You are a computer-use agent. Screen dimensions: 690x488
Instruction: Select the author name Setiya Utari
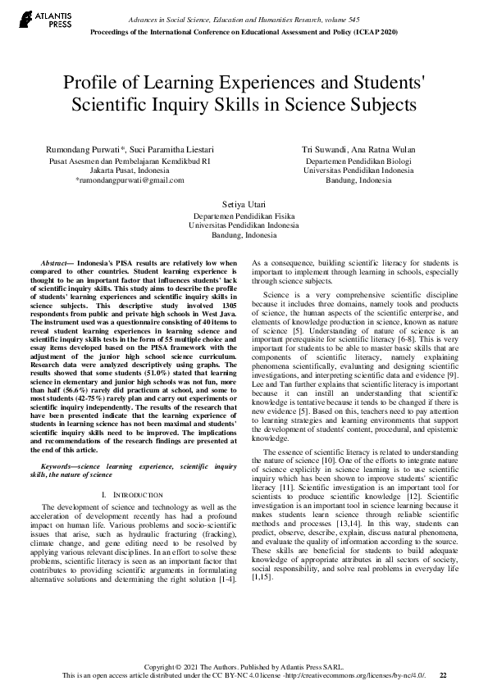click(x=244, y=202)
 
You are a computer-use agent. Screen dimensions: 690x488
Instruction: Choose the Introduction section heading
click(x=133, y=495)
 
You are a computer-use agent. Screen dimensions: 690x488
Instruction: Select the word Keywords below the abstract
click(x=59, y=466)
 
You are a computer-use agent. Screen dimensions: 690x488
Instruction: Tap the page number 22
click(x=443, y=675)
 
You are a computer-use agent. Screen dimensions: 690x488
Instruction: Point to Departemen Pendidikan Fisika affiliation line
click(x=244, y=215)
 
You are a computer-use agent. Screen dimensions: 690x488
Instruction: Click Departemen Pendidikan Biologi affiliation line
click(x=358, y=162)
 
